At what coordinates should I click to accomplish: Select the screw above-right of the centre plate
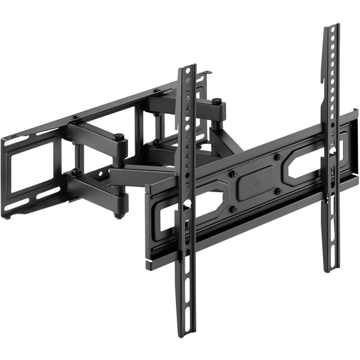pos(279,157)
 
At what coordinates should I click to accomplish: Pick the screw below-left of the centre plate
pos(234,209)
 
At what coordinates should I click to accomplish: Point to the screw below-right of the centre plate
pos(279,192)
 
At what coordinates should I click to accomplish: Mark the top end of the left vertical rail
pos(188,67)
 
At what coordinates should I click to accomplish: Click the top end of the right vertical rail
pos(332,26)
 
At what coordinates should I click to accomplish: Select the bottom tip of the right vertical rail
pos(332,270)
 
